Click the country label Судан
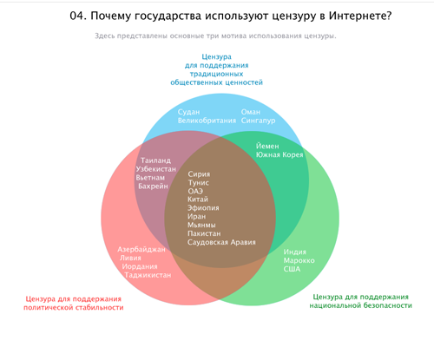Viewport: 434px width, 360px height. pyautogui.click(x=188, y=112)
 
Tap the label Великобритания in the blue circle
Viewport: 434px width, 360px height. pyautogui.click(x=207, y=121)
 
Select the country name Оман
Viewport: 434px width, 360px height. pyautogui.click(x=251, y=112)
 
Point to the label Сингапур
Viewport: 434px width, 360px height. pyautogui.click(x=258, y=121)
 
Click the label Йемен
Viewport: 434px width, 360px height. pyautogui.click(x=267, y=146)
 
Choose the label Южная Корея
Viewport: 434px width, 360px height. pyautogui.click(x=279, y=154)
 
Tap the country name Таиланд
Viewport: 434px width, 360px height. pyautogui.click(x=155, y=160)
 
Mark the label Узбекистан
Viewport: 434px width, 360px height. pyautogui.click(x=156, y=169)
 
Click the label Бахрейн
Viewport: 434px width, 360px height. pyautogui.click(x=153, y=187)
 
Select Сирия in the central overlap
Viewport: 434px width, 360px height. pyautogui.click(x=199, y=174)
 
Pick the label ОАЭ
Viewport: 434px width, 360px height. pyautogui.click(x=195, y=191)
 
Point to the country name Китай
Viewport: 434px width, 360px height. pyautogui.click(x=198, y=200)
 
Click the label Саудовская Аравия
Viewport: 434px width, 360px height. pyautogui.click(x=221, y=242)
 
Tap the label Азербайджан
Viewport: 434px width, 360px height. pyautogui.click(x=141, y=249)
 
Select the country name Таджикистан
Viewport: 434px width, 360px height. pyautogui.click(x=148, y=275)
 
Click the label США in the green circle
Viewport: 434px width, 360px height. pyautogui.click(x=292, y=269)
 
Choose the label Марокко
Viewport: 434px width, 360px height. pyautogui.click(x=299, y=260)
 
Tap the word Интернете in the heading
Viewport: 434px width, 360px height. pyautogui.click(x=360, y=16)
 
